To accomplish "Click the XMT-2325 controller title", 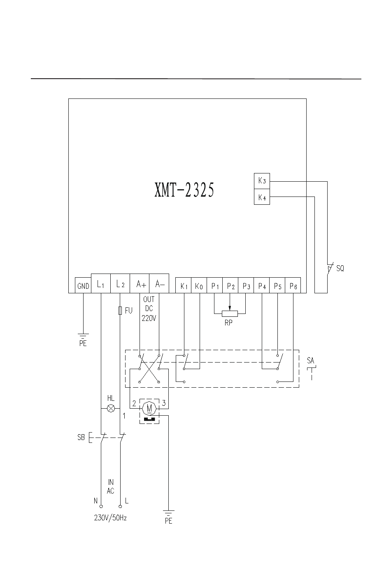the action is tap(184, 190).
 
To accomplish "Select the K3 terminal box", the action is tap(262, 181).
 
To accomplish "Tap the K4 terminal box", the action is tap(262, 197).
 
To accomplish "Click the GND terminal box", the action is tap(83, 285).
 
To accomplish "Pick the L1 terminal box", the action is tap(101, 283).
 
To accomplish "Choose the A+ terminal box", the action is tap(140, 283).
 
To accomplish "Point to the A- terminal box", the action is tap(159, 283).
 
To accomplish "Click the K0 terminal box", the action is tap(199, 285).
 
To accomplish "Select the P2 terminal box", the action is tap(230, 285).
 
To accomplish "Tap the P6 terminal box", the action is tap(293, 285).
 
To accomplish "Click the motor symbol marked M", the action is tap(149, 408).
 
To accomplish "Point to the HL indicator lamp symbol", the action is tap(111, 408).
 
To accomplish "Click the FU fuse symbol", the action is tap(120, 311).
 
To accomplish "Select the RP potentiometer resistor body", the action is tap(230, 314).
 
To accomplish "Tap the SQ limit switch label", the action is tap(340, 268).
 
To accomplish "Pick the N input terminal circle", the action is tap(101, 506).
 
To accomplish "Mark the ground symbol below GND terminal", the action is tap(83, 336).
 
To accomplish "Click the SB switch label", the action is tap(81, 437).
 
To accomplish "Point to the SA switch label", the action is tap(310, 360).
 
